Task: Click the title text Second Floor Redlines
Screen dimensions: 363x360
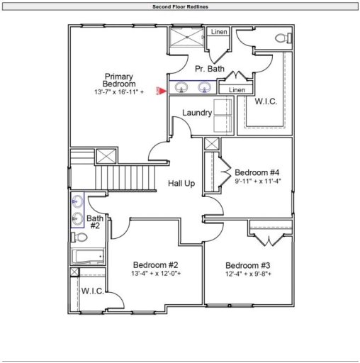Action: coord(180,6)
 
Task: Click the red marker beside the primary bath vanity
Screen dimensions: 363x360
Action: coord(162,90)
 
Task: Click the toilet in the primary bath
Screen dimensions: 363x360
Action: coord(281,38)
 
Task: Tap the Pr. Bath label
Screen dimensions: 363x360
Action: coord(210,69)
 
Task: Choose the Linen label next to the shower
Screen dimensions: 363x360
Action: coord(219,32)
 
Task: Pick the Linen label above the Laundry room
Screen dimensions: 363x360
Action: coord(237,90)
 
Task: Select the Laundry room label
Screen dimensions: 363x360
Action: coord(198,113)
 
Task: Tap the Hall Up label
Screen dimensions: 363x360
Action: coord(182,184)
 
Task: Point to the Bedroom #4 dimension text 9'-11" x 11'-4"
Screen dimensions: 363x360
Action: coord(258,181)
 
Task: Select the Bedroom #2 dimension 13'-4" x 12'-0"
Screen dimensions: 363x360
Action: coord(157,273)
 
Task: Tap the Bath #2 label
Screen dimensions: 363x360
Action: coord(96,222)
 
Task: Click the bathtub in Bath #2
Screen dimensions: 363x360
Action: coord(88,256)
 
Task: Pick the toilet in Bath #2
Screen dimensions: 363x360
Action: coord(80,237)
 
